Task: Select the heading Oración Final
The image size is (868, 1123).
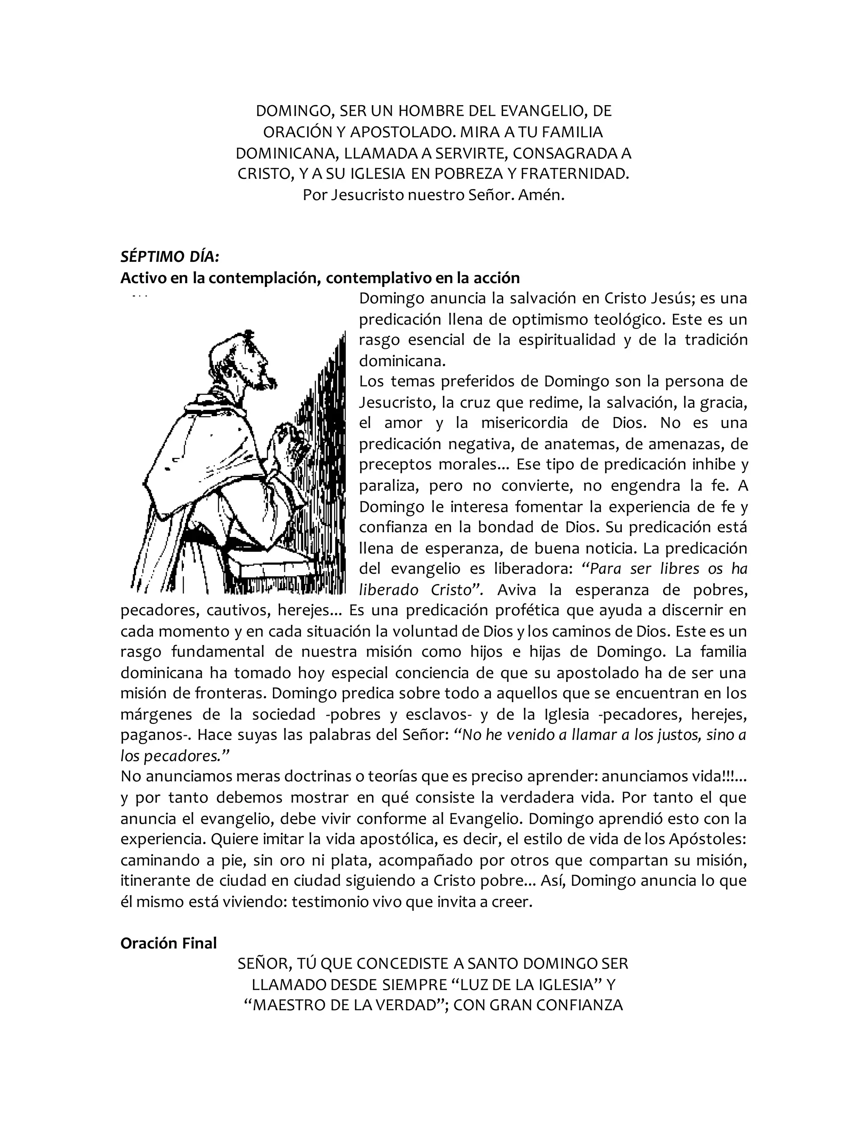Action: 169,943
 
